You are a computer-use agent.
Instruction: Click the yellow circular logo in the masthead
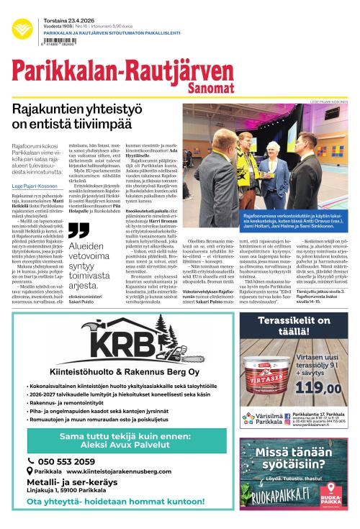22,28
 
